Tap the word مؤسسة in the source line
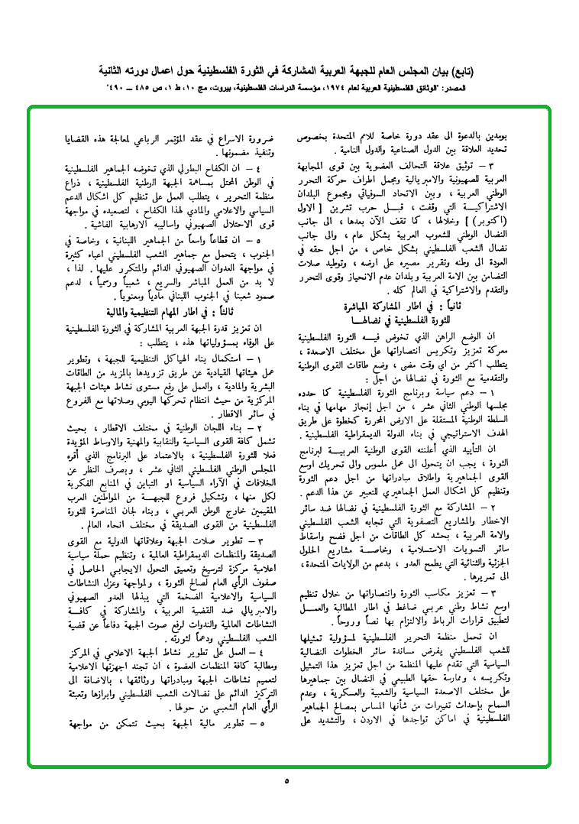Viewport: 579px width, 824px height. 301,88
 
